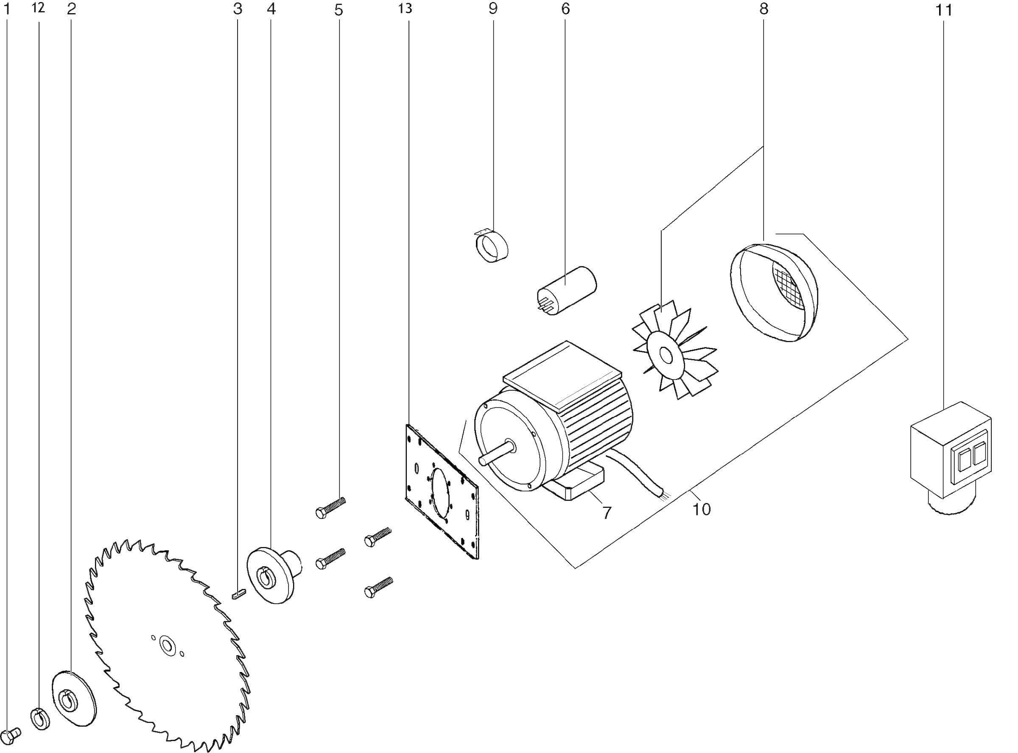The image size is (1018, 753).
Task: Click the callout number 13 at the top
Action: (405, 8)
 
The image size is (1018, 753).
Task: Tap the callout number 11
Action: (943, 10)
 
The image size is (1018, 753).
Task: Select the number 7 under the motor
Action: (606, 513)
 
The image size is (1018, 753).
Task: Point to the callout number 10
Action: (701, 509)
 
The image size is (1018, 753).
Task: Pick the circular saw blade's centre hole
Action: (167, 646)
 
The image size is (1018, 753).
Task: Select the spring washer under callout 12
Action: (40, 719)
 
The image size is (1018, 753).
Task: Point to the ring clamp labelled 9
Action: (492, 246)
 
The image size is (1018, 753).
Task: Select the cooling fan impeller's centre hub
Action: (666, 356)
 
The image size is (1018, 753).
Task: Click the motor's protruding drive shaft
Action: (497, 453)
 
